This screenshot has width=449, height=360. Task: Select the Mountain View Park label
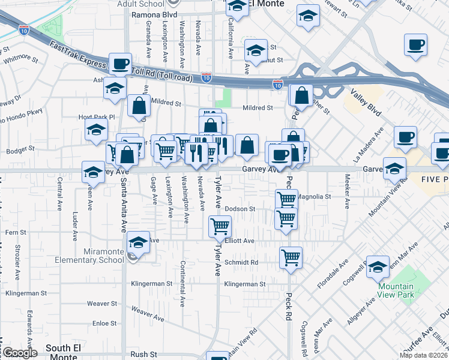coord(396,290)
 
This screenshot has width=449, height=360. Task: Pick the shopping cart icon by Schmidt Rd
coord(291,257)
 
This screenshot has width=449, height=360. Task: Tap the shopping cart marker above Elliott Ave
coord(220,226)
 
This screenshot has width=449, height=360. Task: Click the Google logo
coord(19,353)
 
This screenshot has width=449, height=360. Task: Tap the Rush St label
coord(143,355)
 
